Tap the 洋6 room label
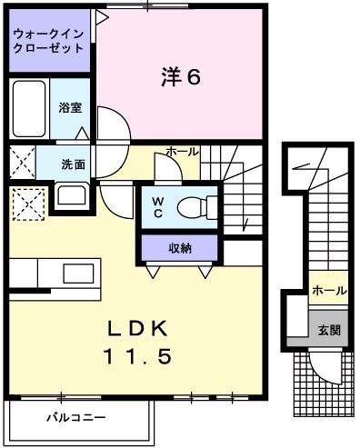point(180,77)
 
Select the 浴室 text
point(70,106)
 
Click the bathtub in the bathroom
point(30,109)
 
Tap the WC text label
point(156,206)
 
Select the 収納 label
point(179,247)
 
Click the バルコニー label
point(75,418)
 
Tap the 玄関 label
point(329,330)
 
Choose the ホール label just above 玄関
point(328,291)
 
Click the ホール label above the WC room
point(182,152)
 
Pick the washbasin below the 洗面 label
point(70,195)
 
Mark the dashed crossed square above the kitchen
point(28,203)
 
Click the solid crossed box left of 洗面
point(21,164)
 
